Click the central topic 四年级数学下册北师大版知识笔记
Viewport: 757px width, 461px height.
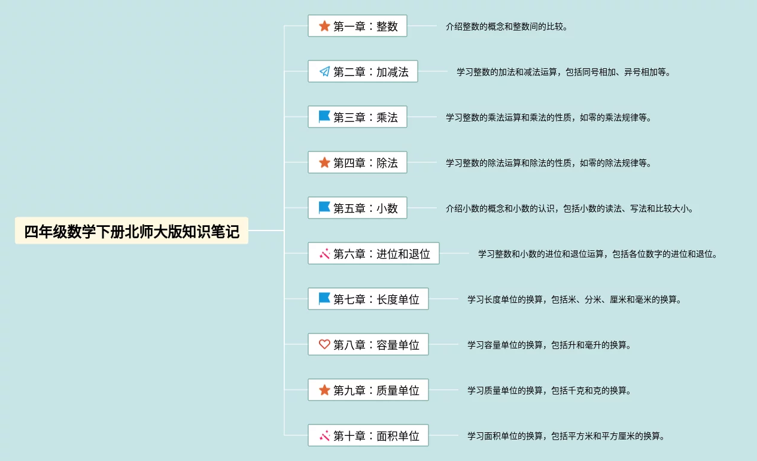[132, 231]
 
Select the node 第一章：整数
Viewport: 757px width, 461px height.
[357, 26]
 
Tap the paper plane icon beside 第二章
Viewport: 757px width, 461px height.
[324, 72]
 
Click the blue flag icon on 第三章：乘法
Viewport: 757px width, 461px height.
[324, 117]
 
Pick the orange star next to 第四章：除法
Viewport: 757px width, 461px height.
[324, 162]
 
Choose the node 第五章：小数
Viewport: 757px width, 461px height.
[357, 208]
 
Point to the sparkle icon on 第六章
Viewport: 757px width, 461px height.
[324, 254]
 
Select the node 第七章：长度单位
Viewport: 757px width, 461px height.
[368, 299]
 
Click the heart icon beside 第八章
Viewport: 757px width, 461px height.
[324, 344]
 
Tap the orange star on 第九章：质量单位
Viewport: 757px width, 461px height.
[324, 390]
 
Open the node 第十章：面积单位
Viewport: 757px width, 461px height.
[368, 436]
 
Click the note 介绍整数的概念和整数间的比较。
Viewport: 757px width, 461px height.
[506, 27]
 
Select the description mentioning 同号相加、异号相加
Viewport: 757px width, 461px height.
[564, 72]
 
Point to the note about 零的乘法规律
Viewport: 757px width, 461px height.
[548, 118]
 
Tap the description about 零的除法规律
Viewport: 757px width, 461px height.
[548, 163]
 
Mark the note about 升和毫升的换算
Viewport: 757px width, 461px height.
[549, 345]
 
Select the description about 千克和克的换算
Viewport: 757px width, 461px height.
[549, 391]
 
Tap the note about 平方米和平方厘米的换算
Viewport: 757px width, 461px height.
[566, 436]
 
